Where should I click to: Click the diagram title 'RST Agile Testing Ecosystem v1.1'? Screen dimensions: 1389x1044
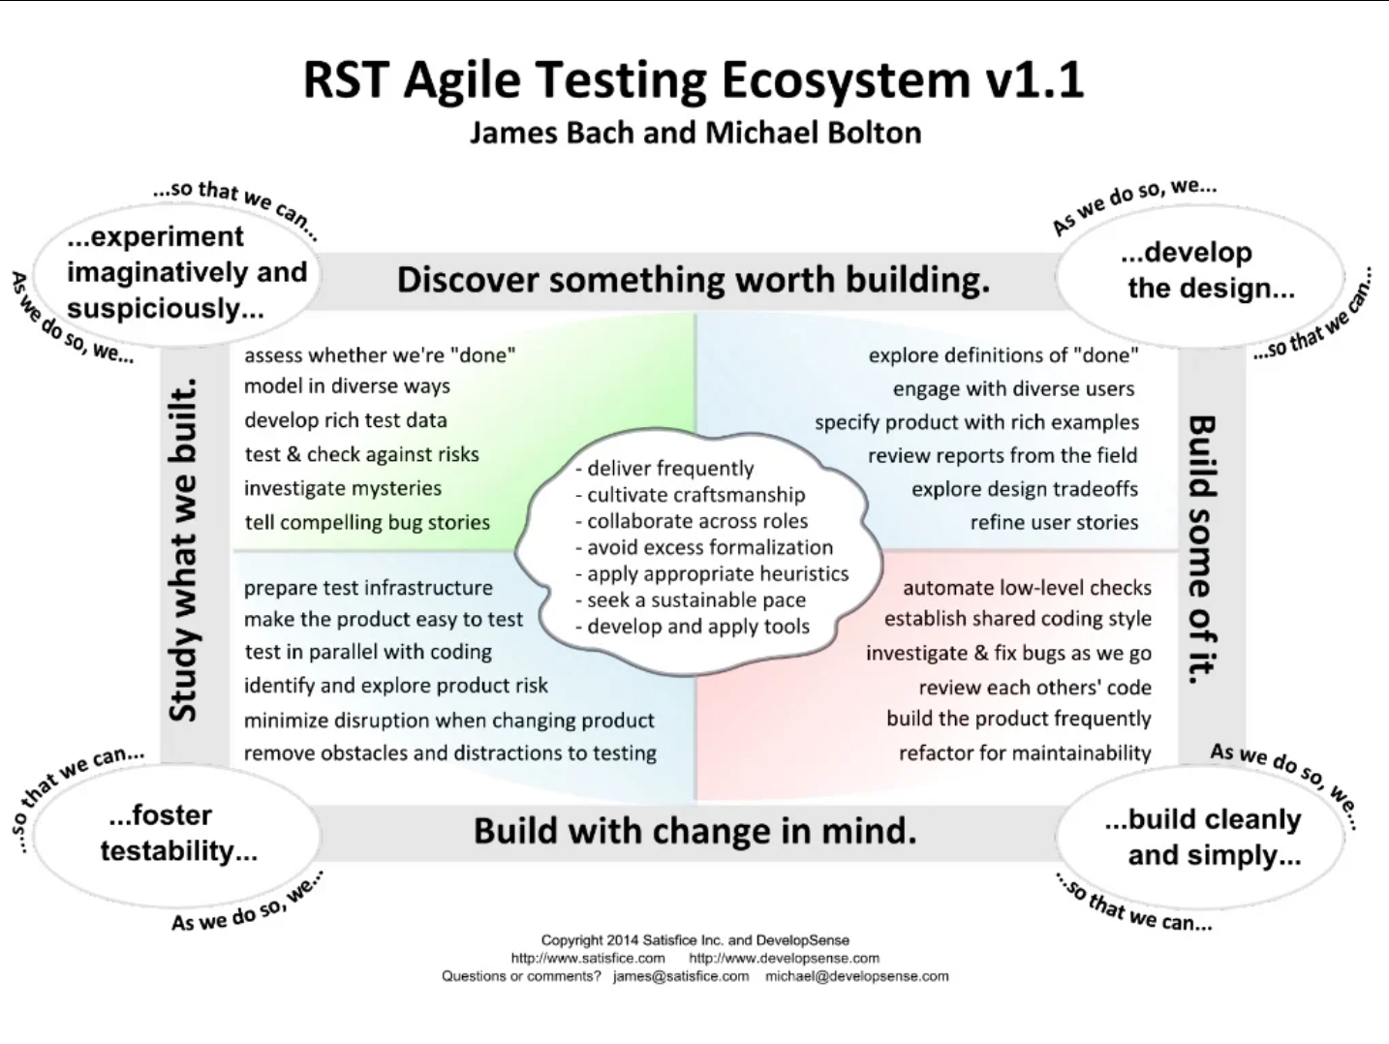694,79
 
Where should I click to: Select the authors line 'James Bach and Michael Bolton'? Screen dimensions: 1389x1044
695,133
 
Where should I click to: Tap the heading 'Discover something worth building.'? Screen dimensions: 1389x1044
694,280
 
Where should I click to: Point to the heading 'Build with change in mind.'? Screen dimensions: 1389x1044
694,831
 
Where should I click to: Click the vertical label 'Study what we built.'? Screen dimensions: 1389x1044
183,550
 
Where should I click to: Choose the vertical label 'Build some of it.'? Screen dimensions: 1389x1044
1201,549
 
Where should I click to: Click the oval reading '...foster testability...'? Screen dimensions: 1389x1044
177,835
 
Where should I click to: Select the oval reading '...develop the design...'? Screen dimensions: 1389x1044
1200,276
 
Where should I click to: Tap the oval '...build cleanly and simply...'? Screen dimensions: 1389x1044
1200,837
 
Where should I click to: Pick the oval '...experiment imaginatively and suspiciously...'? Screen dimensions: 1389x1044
177,273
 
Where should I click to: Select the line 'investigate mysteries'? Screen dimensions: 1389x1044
342,488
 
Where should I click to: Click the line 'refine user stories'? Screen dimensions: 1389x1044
1054,523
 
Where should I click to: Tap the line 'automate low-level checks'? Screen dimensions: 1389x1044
1027,588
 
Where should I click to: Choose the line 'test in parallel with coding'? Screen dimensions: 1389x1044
368,653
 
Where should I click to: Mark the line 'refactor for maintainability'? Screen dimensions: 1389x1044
1025,752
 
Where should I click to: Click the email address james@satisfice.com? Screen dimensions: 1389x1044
681,976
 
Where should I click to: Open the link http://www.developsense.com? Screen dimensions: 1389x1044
784,958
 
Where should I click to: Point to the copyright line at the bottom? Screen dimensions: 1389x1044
694,940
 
